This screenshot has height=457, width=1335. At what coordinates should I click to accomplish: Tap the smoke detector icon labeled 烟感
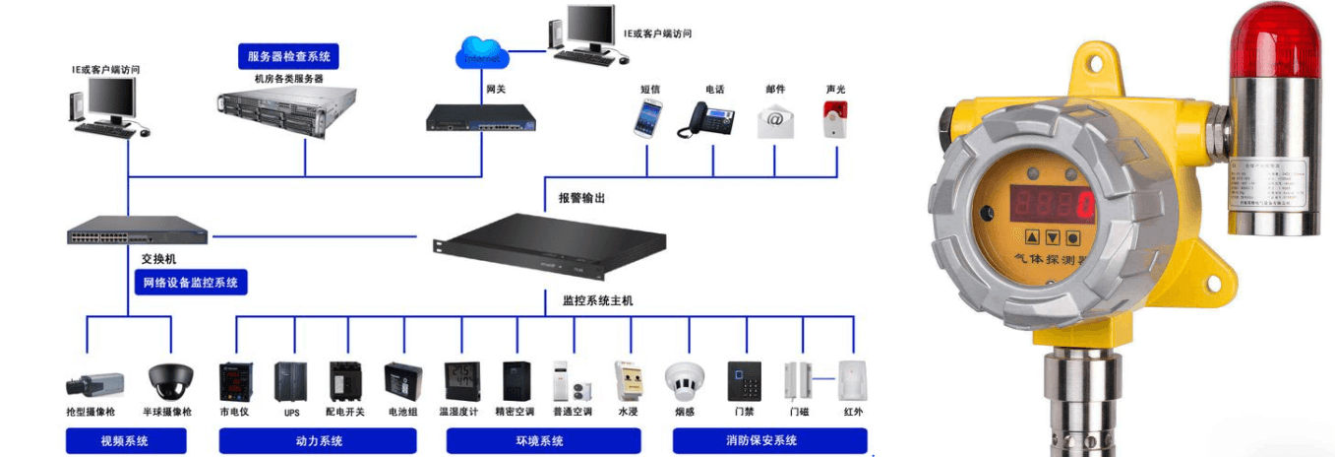(685, 379)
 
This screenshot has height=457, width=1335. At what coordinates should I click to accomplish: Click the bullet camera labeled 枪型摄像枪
(94, 383)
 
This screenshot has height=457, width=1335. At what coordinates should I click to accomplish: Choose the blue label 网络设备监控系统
(191, 283)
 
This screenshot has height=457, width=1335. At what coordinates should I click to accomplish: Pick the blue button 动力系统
(319, 440)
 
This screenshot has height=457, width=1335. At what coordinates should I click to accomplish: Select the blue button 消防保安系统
(769, 440)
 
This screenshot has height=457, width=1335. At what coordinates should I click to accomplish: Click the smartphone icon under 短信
(647, 119)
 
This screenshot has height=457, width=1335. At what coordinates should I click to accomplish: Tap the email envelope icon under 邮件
(775, 120)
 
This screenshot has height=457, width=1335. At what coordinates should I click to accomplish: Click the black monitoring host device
(551, 246)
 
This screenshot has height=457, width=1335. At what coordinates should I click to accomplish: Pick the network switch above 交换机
(138, 229)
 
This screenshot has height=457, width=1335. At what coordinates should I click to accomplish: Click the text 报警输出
(581, 198)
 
